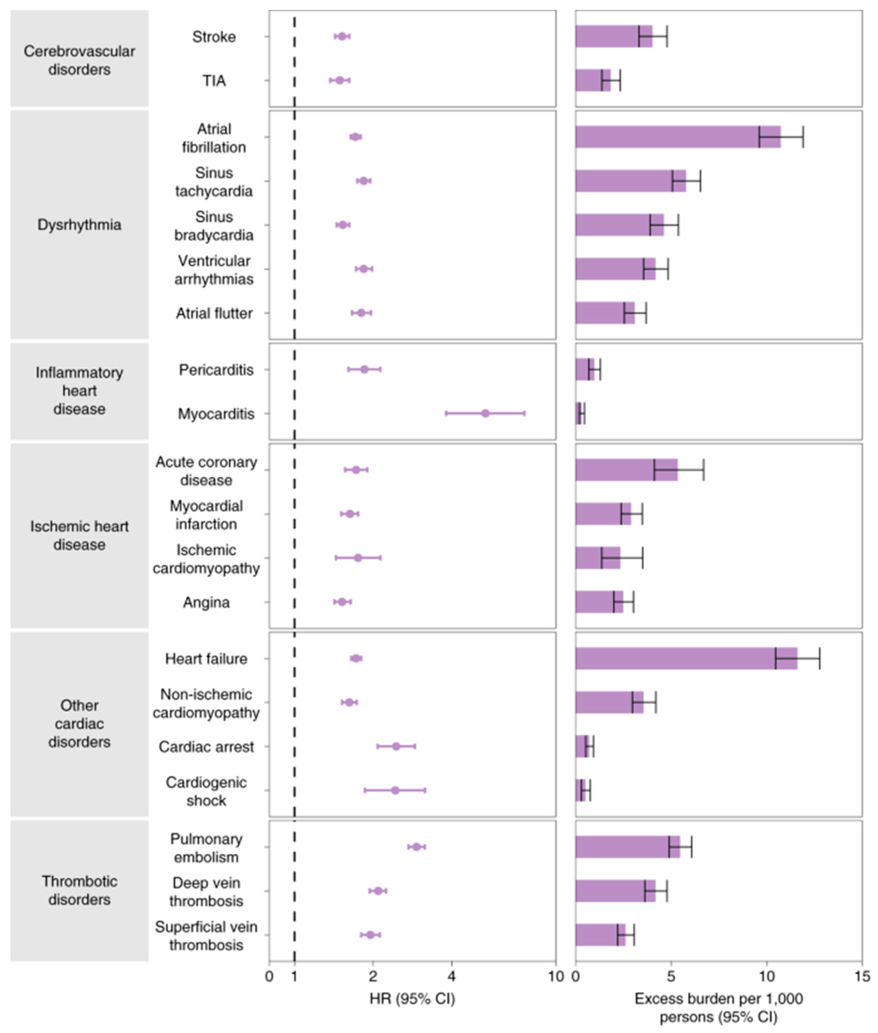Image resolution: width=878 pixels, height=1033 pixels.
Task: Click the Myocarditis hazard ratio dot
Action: click(x=485, y=414)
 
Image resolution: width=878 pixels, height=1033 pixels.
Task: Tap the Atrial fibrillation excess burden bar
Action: click(x=677, y=137)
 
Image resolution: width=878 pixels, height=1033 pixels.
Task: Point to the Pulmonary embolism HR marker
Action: click(x=417, y=847)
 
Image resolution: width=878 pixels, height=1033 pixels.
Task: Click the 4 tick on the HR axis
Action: click(x=451, y=976)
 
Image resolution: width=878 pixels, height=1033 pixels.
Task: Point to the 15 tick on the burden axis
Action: click(x=862, y=976)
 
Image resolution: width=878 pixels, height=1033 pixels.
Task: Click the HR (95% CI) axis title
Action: click(x=412, y=999)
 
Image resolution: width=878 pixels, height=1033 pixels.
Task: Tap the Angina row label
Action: click(x=206, y=603)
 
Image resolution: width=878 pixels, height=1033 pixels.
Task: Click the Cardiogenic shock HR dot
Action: click(x=395, y=790)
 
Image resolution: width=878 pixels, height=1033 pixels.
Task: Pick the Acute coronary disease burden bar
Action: click(x=626, y=470)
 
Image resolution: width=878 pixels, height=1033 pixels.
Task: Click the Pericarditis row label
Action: click(x=216, y=370)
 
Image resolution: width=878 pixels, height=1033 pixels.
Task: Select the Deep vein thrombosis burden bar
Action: click(x=615, y=891)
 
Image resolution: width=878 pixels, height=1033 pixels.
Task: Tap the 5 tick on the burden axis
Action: click(x=671, y=976)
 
